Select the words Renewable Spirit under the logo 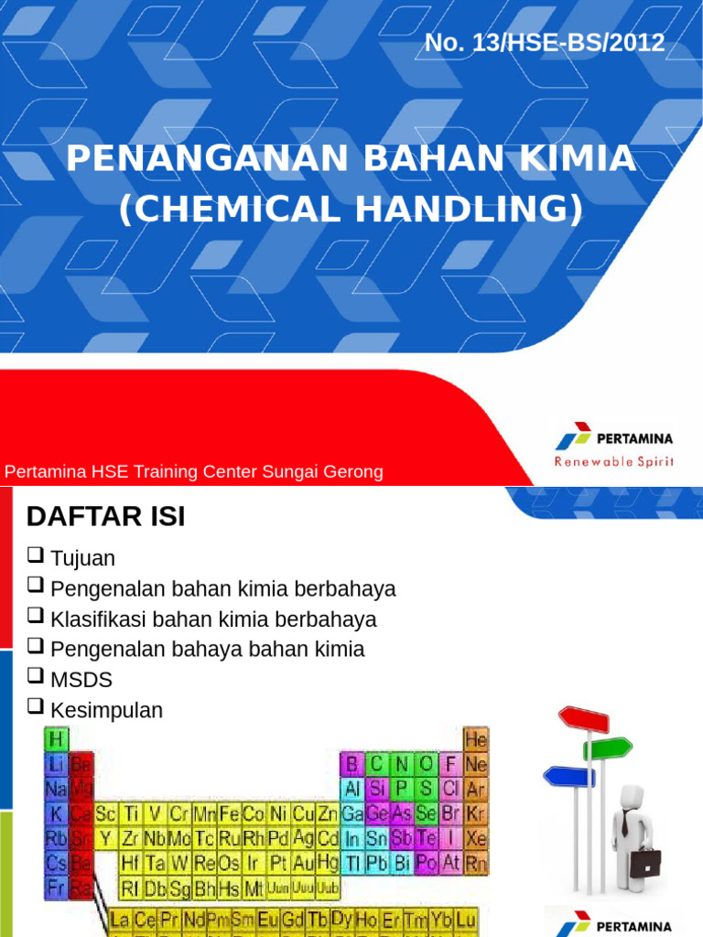(x=613, y=461)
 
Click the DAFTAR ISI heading (x=105, y=517)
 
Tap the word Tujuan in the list (x=83, y=558)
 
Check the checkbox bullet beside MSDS (x=36, y=677)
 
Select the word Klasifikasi (x=99, y=619)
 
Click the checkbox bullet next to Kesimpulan (x=36, y=706)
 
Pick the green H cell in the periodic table (x=57, y=738)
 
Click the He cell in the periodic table (x=476, y=738)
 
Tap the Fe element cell (x=228, y=813)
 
